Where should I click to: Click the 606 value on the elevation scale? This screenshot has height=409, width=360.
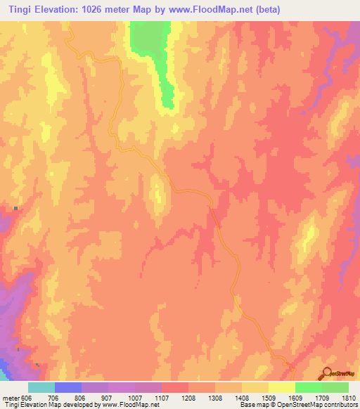coord(26,397)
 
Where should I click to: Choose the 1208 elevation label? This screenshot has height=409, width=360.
coord(189,397)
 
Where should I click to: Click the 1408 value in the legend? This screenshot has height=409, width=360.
coord(243,397)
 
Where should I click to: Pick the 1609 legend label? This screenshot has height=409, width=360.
coord(296,397)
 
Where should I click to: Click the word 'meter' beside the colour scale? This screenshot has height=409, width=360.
coord(10,397)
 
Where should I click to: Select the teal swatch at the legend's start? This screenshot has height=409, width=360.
coord(41,387)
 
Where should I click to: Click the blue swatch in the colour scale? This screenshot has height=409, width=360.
coord(68,387)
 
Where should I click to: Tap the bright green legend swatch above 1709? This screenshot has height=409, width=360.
coord(309,387)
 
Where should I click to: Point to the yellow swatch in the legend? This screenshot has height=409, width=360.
coord(282,387)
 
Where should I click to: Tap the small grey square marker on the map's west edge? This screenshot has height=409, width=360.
coord(15,209)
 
